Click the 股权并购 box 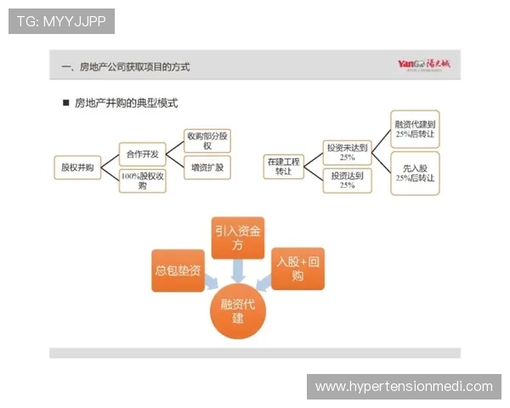tap(77, 167)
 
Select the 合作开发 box tap(142, 154)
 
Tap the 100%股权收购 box tap(142, 180)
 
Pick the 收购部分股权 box tap(208, 140)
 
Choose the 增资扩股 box tap(208, 167)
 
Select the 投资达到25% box tap(347, 180)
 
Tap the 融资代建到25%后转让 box tap(415, 130)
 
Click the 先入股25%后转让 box tap(415, 173)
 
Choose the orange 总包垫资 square tap(178, 270)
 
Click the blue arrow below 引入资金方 tap(239, 270)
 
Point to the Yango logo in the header tap(426, 65)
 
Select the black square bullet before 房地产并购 tap(65, 104)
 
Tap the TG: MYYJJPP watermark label tap(60, 21)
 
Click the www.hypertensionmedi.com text tap(404, 387)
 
